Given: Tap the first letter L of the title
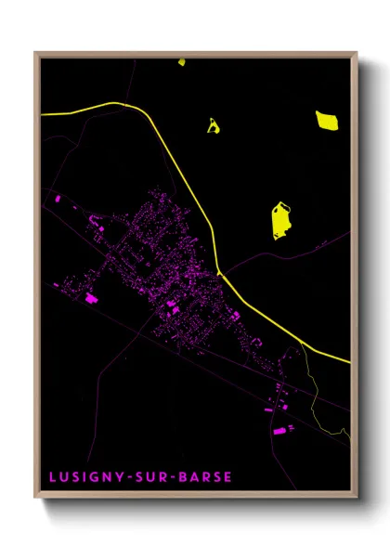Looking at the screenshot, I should (x=54, y=477).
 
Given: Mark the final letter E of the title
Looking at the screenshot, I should (x=228, y=477).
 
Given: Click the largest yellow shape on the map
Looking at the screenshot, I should (x=281, y=221).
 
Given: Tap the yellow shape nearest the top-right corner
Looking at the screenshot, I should (x=327, y=120).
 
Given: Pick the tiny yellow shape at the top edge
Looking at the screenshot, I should (x=182, y=63).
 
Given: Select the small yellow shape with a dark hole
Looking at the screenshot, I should (x=213, y=125).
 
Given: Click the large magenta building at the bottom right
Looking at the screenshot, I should (x=279, y=431).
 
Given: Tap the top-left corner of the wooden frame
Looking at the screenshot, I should (x=36, y=53).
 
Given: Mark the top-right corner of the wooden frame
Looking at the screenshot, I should (x=356, y=53).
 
